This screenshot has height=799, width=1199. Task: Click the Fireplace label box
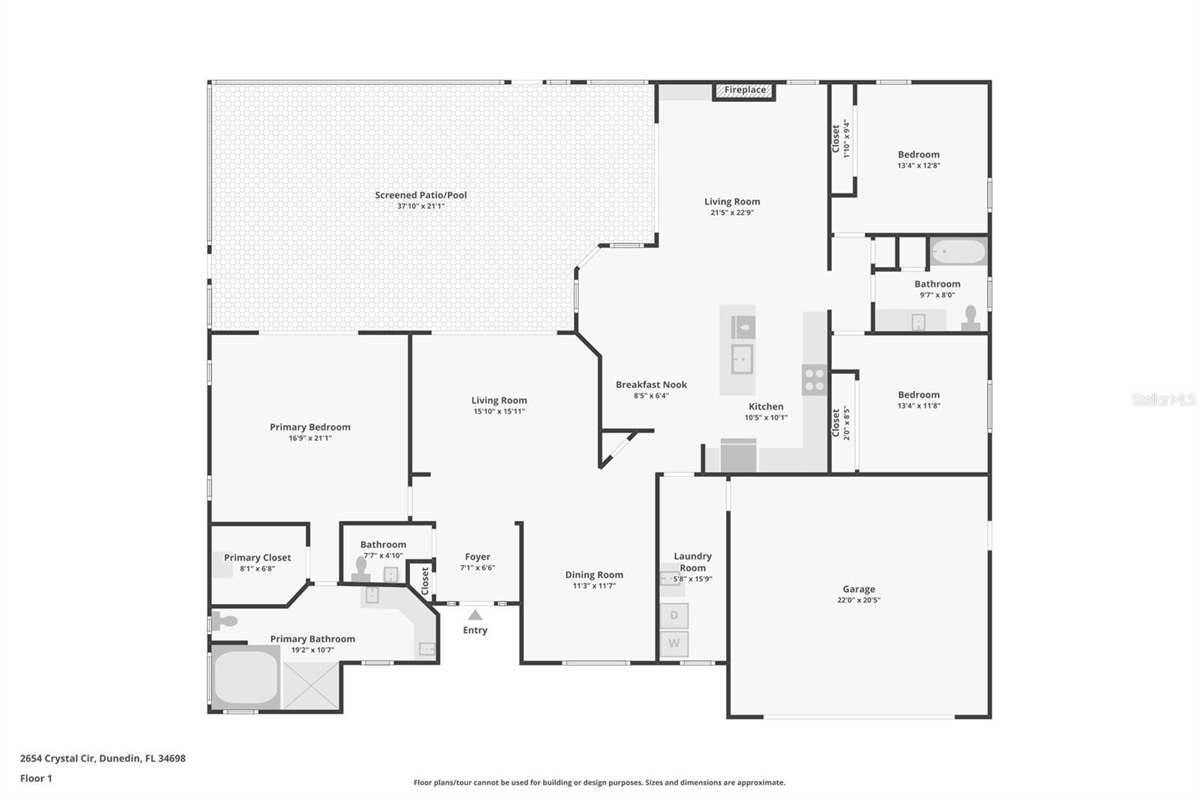[x=744, y=91]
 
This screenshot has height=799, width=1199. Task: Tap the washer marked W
[x=674, y=643]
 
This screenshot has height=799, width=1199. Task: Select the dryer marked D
[x=674, y=615]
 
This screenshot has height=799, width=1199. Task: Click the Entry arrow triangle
[x=475, y=615]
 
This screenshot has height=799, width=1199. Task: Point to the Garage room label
[x=859, y=589]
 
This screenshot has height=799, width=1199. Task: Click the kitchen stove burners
[x=815, y=379]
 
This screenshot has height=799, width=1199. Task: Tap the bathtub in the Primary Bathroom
[x=246, y=677]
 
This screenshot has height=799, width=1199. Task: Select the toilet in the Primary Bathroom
[x=224, y=621]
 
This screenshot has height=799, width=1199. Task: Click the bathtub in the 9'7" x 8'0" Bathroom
[x=958, y=252]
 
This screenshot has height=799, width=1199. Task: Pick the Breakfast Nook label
[x=651, y=385]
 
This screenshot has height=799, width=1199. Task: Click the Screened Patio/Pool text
[x=420, y=195]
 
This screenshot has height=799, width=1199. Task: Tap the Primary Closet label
[x=257, y=558]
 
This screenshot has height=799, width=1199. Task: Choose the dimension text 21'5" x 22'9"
[x=732, y=213]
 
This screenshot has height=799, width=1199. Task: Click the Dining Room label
[x=594, y=575]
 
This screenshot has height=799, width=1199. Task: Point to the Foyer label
[x=477, y=557]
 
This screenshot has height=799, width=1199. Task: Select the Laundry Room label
[x=692, y=561]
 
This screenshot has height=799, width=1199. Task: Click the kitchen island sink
[x=742, y=359]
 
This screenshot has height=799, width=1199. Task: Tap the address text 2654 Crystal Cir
[x=58, y=758]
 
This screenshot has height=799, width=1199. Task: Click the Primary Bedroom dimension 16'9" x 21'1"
[x=310, y=438]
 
